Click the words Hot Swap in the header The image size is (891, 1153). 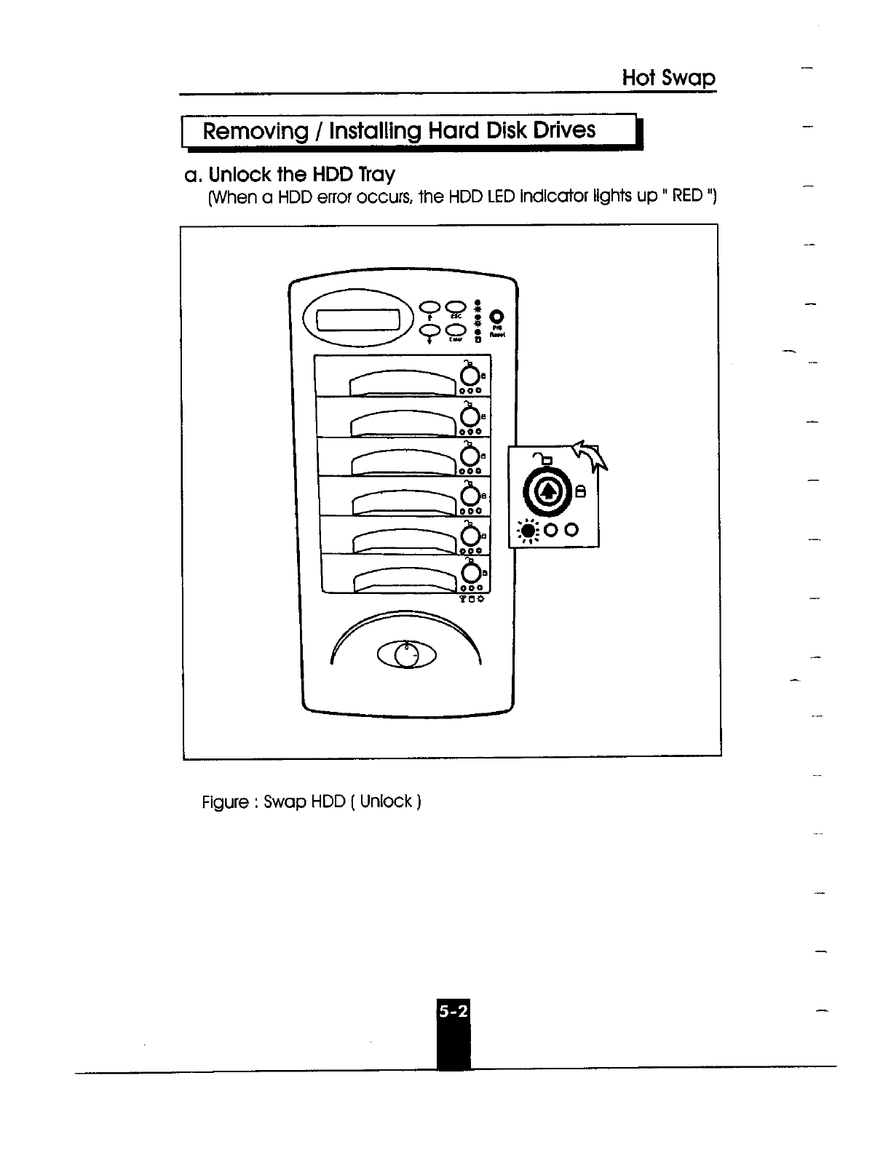[x=669, y=78]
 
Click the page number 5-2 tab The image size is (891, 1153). [x=454, y=1011]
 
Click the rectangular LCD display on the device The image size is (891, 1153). [x=358, y=320]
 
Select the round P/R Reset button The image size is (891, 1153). [x=497, y=317]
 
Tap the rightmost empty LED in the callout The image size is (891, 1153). [x=573, y=529]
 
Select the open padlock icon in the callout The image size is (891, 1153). [x=542, y=458]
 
